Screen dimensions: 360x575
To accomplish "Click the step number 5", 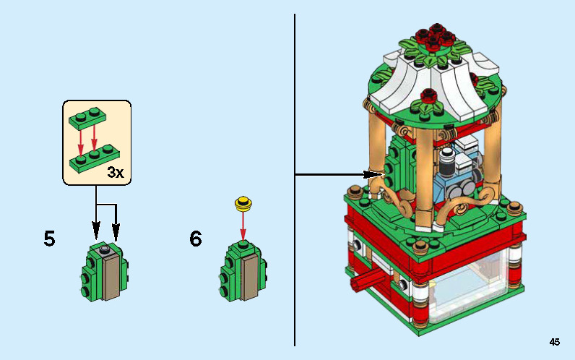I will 49,239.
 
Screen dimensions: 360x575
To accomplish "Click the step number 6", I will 196,239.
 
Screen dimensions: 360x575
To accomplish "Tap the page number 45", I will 554,342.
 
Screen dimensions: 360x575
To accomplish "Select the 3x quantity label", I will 116,172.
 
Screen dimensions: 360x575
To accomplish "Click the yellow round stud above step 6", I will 243,202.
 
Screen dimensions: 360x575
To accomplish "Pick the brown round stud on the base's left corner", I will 355,193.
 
